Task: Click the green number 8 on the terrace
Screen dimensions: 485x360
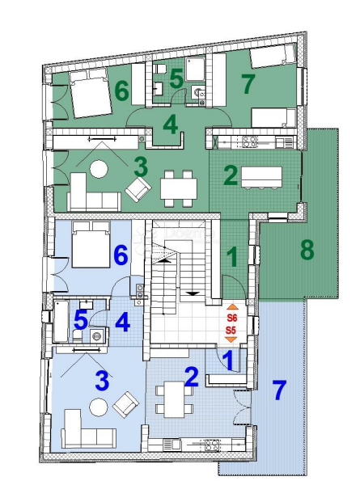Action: (307, 250)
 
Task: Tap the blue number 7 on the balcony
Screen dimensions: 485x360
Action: (279, 391)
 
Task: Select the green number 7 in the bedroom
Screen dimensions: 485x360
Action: (248, 82)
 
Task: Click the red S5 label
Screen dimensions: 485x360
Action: (231, 331)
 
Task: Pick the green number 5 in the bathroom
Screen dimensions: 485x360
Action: (177, 80)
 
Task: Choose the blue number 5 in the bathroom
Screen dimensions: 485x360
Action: (80, 319)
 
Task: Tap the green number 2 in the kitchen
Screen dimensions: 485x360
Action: (230, 175)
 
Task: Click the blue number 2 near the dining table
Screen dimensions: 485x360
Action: (192, 376)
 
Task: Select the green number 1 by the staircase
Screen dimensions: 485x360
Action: (232, 258)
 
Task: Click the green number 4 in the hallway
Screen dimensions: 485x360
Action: (170, 125)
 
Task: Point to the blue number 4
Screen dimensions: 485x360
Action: (121, 322)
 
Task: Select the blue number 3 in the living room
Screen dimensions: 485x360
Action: (101, 378)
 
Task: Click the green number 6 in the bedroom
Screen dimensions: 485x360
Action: (121, 91)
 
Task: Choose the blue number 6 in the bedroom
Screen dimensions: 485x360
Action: (121, 256)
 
